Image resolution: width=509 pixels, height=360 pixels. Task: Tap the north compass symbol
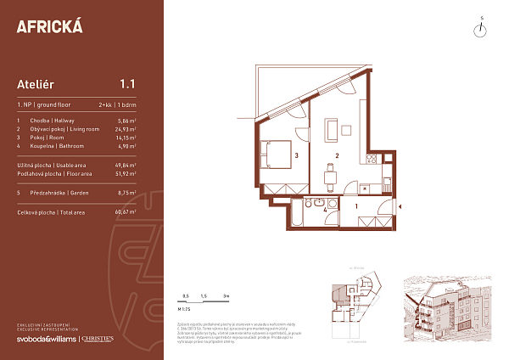(x=481, y=28)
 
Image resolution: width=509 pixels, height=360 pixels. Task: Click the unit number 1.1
(x=128, y=83)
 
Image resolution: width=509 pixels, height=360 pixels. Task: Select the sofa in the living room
(x=348, y=130)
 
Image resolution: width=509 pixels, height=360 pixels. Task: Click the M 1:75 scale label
(x=181, y=310)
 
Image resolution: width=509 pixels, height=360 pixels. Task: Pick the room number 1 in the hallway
(x=357, y=205)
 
